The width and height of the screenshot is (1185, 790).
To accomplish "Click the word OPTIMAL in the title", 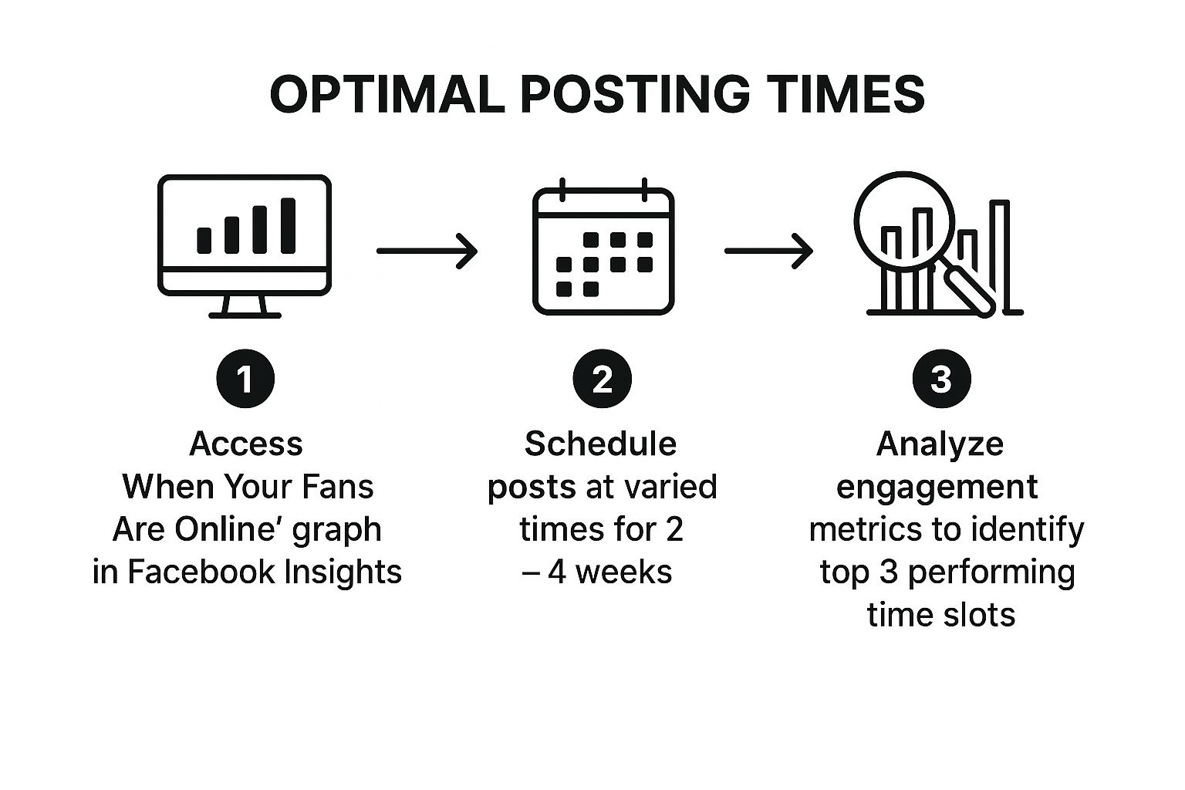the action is pyautogui.click(x=387, y=94).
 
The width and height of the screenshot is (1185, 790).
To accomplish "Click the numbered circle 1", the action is pyautogui.click(x=245, y=379).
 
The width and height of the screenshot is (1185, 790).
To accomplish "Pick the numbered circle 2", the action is pyautogui.click(x=602, y=379).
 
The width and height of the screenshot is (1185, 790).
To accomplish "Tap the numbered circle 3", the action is pyautogui.click(x=942, y=379).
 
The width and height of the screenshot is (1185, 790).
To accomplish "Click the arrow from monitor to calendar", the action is pyautogui.click(x=427, y=251).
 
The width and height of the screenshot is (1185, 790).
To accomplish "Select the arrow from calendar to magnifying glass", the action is pyautogui.click(x=768, y=251).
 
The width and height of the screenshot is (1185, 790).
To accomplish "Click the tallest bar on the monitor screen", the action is pyautogui.click(x=288, y=226).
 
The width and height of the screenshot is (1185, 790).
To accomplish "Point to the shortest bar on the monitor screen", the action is pyautogui.click(x=204, y=241).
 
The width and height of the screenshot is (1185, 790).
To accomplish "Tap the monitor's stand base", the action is pyautogui.click(x=245, y=316).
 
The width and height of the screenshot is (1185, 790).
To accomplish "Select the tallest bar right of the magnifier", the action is pyautogui.click(x=999, y=256).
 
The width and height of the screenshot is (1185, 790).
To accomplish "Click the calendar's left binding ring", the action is pyautogui.click(x=562, y=190).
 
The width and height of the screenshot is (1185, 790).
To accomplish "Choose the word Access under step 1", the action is pyautogui.click(x=246, y=444).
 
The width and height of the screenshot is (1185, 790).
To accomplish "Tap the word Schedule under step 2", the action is pyautogui.click(x=600, y=444).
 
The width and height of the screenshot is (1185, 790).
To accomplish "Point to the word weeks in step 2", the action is pyautogui.click(x=623, y=572).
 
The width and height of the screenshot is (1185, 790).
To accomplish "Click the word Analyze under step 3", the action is pyautogui.click(x=940, y=444).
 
